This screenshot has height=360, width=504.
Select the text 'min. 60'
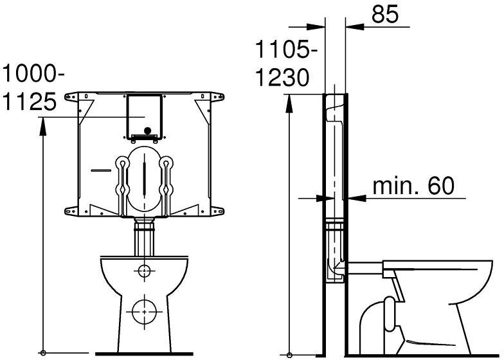point(413,186)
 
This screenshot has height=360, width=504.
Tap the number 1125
point(30,102)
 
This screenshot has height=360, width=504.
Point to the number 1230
point(282,77)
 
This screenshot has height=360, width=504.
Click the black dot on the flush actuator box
point(147,131)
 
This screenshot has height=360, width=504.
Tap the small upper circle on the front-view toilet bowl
point(144,271)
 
